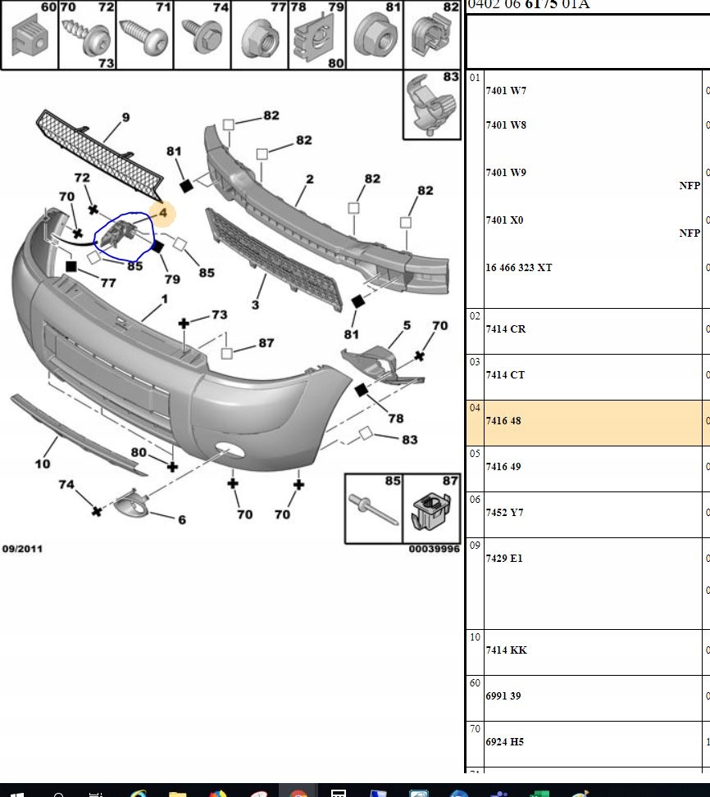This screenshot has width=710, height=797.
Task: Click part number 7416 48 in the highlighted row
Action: click(x=503, y=421)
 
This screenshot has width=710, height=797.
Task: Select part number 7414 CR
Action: click(x=506, y=329)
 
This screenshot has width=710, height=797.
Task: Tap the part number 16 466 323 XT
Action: click(x=519, y=268)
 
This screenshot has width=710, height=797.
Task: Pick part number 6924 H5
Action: click(x=504, y=742)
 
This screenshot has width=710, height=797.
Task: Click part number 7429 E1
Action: click(x=504, y=559)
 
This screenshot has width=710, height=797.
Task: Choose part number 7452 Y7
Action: click(x=504, y=513)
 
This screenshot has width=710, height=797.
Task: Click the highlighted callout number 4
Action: click(x=163, y=213)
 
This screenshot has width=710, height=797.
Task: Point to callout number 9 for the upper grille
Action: click(x=125, y=118)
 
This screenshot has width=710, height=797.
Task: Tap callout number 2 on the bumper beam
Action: click(x=310, y=179)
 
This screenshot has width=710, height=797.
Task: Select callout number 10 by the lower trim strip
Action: click(x=42, y=464)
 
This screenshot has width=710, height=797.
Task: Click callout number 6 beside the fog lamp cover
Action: click(x=181, y=520)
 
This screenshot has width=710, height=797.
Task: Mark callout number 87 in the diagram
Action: click(x=266, y=343)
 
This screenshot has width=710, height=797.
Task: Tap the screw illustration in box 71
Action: click(x=144, y=38)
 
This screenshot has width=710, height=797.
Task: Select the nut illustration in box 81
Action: click(x=375, y=37)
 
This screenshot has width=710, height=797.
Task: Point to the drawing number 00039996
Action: click(x=435, y=549)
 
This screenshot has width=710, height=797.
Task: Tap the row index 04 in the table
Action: click(x=475, y=408)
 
